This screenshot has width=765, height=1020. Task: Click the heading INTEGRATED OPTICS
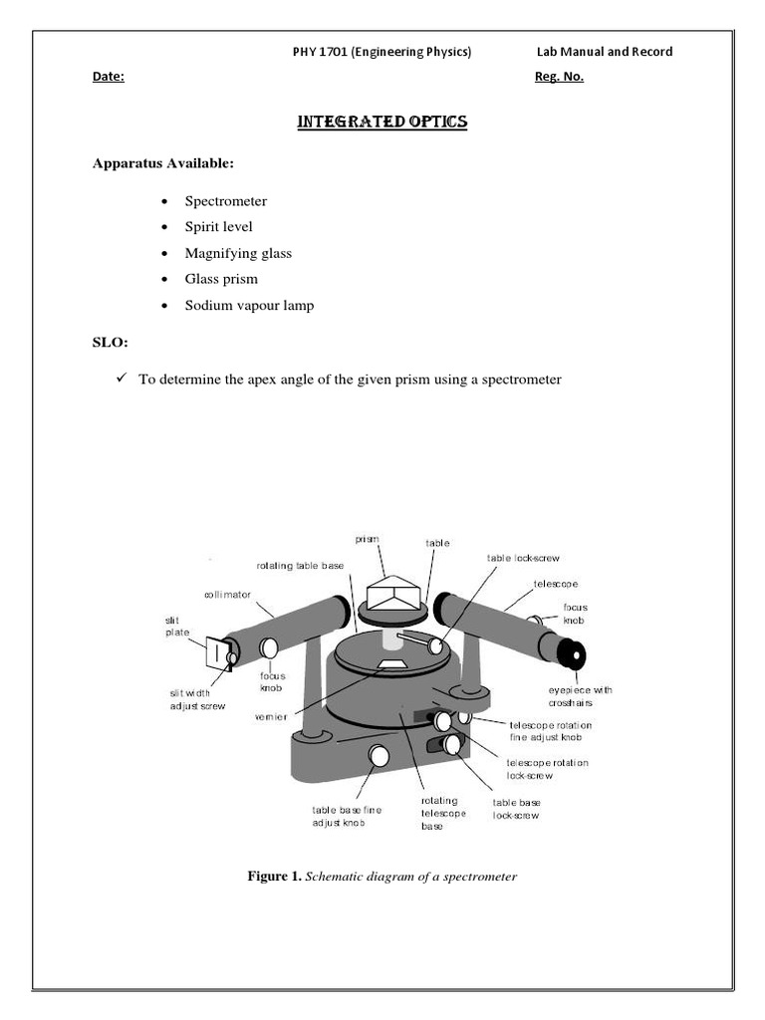click(x=382, y=123)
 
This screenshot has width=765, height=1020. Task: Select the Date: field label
click(x=108, y=78)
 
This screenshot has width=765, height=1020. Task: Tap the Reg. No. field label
click(x=559, y=78)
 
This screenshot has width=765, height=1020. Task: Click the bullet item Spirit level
click(x=218, y=227)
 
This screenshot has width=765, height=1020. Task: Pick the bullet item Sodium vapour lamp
click(x=249, y=305)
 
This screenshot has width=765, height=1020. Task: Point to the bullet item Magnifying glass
click(x=238, y=253)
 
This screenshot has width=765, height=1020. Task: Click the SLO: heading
click(x=111, y=343)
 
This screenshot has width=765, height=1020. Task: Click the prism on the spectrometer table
click(x=394, y=595)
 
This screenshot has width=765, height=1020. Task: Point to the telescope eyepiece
click(x=571, y=655)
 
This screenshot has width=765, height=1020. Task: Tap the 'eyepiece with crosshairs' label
click(x=581, y=696)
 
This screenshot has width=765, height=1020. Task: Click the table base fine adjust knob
click(x=378, y=756)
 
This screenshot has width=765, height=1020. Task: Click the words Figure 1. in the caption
click(x=273, y=877)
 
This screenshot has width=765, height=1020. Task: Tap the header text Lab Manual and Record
click(x=604, y=52)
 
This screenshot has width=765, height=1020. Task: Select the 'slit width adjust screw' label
click(x=198, y=699)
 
